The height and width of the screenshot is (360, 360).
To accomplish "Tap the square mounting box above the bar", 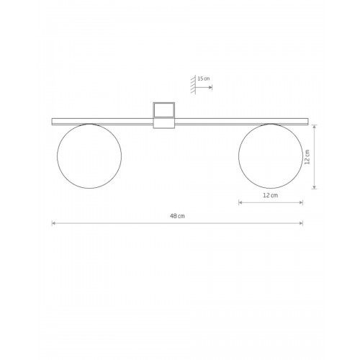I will [x=163, y=109].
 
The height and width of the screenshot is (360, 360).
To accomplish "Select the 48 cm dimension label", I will [x=177, y=216].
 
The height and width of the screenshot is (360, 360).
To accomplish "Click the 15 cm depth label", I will [x=204, y=78].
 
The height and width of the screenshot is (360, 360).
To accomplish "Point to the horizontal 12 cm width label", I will [x=269, y=196].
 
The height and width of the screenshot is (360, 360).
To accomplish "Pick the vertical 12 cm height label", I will [x=307, y=156].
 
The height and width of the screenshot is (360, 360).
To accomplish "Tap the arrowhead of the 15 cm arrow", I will [x=210, y=87].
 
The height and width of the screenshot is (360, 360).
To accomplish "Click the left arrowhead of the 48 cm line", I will [x=53, y=223].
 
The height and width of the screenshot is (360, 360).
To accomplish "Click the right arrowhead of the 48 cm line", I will [x=301, y=223].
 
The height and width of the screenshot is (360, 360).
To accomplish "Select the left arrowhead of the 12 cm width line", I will [x=240, y=202].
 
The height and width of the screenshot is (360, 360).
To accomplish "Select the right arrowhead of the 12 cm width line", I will [x=301, y=202].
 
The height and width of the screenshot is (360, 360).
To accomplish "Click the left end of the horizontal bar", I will [x=52, y=120].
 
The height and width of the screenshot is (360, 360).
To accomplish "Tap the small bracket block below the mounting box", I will [x=163, y=125].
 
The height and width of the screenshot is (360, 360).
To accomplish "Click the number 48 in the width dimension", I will [x=174, y=216].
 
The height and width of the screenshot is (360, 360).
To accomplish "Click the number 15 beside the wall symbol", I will [x=200, y=78].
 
